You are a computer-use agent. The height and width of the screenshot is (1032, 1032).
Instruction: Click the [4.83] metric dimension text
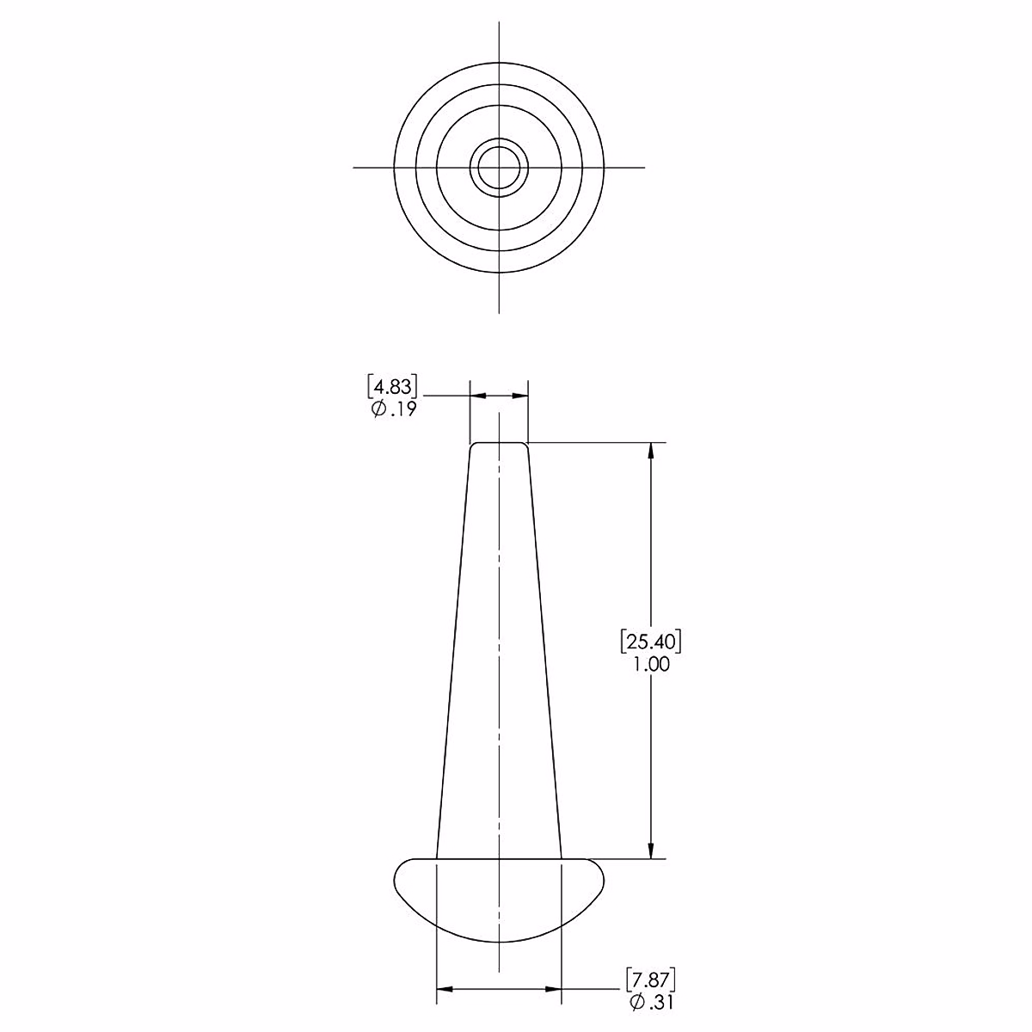coord(392,387)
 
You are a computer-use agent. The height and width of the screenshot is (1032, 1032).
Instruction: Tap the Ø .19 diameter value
coord(393,409)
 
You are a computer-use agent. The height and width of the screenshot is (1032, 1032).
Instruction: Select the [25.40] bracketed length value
coord(651,642)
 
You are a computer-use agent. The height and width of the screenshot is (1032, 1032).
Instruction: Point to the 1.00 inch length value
coord(651,665)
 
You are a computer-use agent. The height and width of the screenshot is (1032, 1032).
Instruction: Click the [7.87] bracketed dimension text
coord(650,980)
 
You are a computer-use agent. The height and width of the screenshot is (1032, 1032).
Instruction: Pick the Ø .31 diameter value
coord(651,1003)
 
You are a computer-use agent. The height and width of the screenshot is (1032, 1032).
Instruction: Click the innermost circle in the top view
coord(499,147)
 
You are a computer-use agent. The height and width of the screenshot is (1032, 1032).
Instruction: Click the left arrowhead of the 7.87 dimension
coord(445,989)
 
